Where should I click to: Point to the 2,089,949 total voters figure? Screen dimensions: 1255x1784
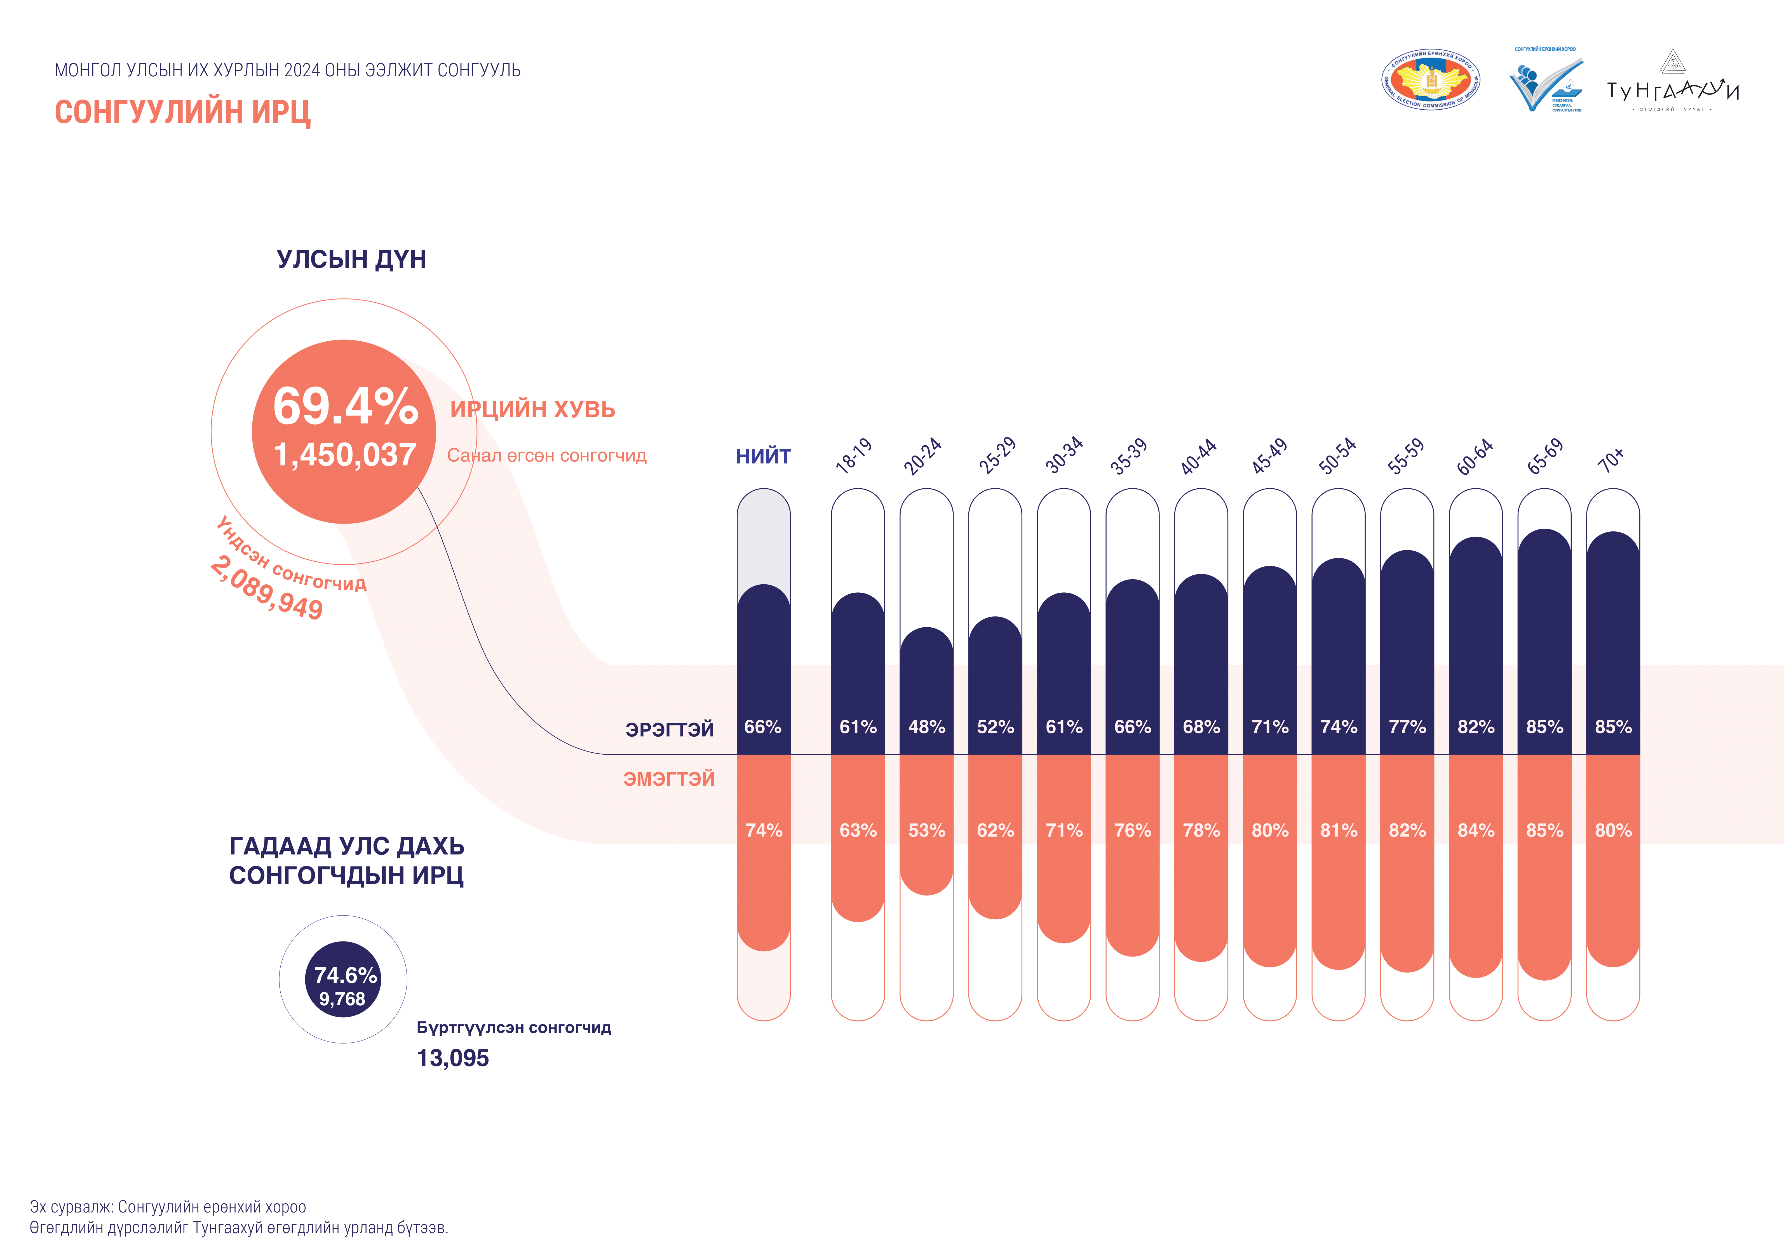267,588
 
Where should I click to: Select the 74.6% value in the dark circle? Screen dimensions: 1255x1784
345,975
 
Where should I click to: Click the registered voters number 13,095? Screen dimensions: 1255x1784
453,1058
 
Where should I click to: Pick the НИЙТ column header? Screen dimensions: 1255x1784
763,457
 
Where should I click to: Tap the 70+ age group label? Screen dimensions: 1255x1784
1611,460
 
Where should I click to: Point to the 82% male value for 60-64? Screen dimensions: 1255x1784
1476,727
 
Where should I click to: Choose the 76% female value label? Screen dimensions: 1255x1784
1132,830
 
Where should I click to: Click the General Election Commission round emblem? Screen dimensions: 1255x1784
1430,81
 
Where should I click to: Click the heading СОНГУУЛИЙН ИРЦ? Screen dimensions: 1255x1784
183,112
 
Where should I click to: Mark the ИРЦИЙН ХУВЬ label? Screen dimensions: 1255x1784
532,409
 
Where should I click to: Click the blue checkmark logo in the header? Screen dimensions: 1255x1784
1545,84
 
